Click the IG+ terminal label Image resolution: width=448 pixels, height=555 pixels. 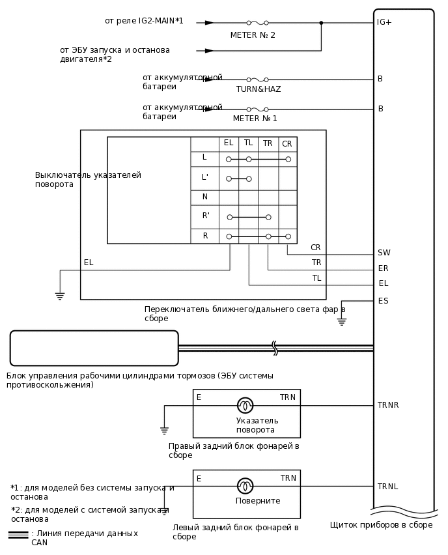pos(384,22)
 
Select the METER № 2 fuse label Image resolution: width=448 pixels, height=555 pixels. pos(253,35)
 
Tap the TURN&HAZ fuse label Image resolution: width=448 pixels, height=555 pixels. pos(259,89)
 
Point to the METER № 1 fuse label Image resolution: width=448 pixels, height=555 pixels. pos(255,119)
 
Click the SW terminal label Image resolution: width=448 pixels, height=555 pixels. pos(384,253)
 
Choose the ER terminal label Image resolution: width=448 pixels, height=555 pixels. pos(383,268)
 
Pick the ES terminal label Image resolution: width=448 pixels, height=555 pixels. pos(383,300)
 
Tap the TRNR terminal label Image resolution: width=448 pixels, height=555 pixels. pos(388,405)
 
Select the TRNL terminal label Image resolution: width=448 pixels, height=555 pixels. pos(387,487)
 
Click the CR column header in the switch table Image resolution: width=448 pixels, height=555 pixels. pos(287,144)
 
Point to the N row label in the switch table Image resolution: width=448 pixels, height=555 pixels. pos(204,197)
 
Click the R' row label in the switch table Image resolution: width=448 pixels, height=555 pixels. pos(205,216)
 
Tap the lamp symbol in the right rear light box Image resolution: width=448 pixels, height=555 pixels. pos(245,405)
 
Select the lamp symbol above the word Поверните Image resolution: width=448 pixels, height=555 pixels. pos(245,486)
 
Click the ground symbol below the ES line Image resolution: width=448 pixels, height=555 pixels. pos(342,321)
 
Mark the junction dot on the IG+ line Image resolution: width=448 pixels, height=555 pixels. pos(321,23)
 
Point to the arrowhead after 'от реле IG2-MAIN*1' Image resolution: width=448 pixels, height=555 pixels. pos(209,23)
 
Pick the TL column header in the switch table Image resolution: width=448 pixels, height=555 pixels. pos(248,143)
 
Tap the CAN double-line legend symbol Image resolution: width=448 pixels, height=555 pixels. pos(18,534)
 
